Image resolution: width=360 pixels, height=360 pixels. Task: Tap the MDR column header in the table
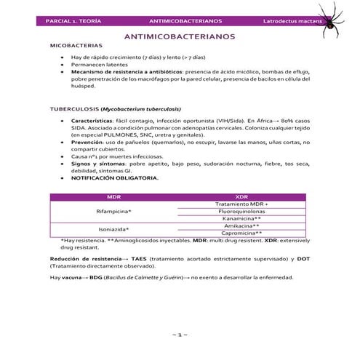[x=113, y=196]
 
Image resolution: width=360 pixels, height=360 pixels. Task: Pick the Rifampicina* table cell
[x=113, y=211]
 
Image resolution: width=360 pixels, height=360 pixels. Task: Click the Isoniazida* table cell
[x=113, y=229]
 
